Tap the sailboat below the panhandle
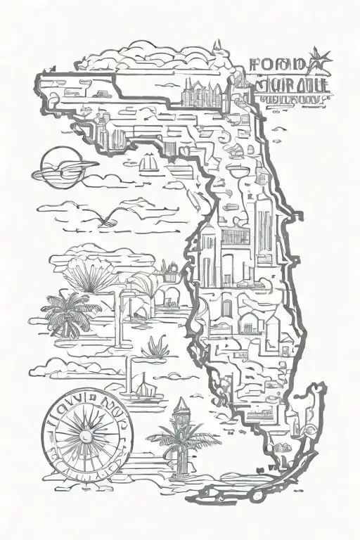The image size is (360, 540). [x=150, y=164]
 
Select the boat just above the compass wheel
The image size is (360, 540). [x=141, y=386]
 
